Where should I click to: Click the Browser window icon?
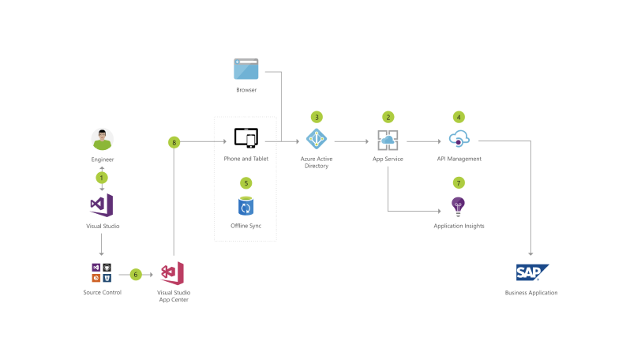click(246, 69)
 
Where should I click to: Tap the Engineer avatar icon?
click(103, 140)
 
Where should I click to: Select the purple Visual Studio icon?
click(102, 205)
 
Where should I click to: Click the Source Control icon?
click(102, 273)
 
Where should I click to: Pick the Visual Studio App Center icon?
click(173, 273)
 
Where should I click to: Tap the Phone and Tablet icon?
click(246, 138)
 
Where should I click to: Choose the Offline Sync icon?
click(246, 207)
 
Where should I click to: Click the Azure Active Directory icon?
click(316, 139)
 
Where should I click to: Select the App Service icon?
click(388, 141)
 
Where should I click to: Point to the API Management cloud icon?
click(459, 140)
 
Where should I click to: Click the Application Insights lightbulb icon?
click(459, 207)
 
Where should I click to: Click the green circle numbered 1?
click(102, 178)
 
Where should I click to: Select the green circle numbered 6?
click(136, 275)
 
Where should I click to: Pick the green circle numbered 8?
click(174, 142)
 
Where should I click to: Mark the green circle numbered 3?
click(317, 117)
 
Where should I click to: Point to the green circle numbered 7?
click(459, 182)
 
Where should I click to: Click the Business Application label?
click(531, 293)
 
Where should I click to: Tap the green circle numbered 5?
click(246, 182)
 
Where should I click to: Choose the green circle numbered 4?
click(459, 117)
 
